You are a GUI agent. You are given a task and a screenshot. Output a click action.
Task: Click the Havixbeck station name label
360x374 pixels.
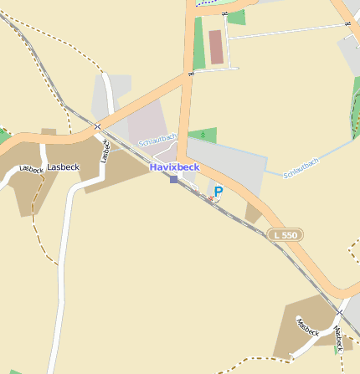pos(175,167)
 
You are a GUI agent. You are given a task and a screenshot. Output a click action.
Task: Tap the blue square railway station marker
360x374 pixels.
pos(173,179)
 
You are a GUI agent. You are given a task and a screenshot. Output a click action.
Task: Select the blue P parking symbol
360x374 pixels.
pos(219,192)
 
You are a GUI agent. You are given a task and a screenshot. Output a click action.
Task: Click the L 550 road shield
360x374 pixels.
pos(285,236)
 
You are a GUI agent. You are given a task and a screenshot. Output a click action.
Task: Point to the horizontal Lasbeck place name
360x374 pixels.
pos(63,167)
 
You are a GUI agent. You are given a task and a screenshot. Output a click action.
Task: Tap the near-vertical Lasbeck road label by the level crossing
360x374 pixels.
pos(105,151)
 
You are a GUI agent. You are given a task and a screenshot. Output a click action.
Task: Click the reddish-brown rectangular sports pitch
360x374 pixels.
pos(217,48)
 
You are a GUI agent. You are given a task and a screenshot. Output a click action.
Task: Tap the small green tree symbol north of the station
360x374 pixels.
pos(202,134)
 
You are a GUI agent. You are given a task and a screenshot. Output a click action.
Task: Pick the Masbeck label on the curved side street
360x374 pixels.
pos(307,327)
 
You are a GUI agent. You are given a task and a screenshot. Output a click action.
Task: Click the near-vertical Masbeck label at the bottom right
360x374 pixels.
pos(338,339)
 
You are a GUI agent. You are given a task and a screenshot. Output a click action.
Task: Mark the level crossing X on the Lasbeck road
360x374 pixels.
pos(98,127)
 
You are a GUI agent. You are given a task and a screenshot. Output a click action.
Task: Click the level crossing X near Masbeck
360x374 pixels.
pos(340,312)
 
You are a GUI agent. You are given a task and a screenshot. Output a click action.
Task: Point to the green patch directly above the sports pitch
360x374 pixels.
pos(237,18)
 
